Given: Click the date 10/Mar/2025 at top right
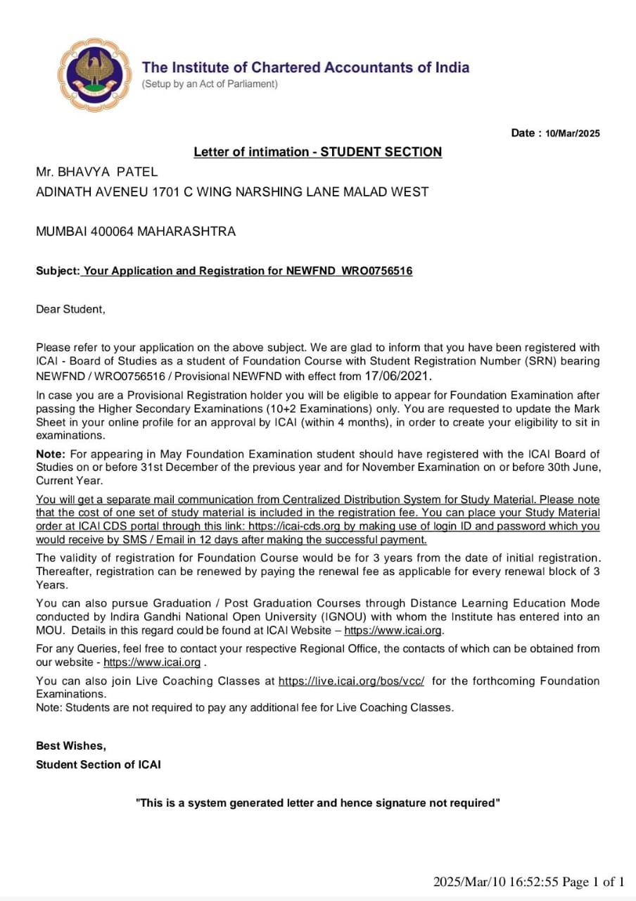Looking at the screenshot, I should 573,134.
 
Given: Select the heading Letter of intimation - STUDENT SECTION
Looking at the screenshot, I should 318,152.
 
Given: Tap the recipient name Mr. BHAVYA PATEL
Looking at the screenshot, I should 97,172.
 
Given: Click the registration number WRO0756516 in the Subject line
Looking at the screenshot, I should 377,271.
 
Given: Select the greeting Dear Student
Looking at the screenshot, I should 70,309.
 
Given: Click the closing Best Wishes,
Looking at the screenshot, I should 71,745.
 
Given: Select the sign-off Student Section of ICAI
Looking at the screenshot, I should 98,764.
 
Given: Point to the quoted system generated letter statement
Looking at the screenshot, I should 318,802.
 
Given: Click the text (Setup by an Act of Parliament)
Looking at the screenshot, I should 210,84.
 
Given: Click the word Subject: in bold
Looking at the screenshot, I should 58,271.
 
